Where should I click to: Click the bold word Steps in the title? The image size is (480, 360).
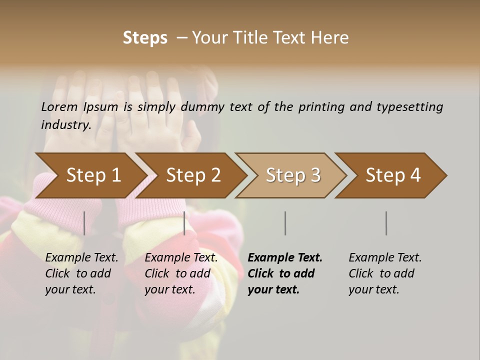[x=145, y=38]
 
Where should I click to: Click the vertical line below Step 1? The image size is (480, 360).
[x=84, y=223]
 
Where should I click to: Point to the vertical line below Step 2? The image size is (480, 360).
[x=184, y=223]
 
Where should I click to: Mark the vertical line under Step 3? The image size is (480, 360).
[x=285, y=223]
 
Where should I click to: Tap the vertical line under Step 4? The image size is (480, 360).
[x=386, y=223]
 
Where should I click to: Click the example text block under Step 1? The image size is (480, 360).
[x=81, y=273]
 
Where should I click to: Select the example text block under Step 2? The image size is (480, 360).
[x=181, y=273]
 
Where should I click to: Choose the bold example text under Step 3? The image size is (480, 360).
[x=285, y=273]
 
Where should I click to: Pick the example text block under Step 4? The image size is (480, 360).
[x=385, y=273]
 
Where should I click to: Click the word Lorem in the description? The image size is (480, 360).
[x=59, y=106]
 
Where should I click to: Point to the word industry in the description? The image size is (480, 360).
[x=66, y=124]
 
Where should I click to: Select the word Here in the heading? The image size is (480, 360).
[x=331, y=38]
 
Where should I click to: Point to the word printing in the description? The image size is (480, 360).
[x=321, y=107]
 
